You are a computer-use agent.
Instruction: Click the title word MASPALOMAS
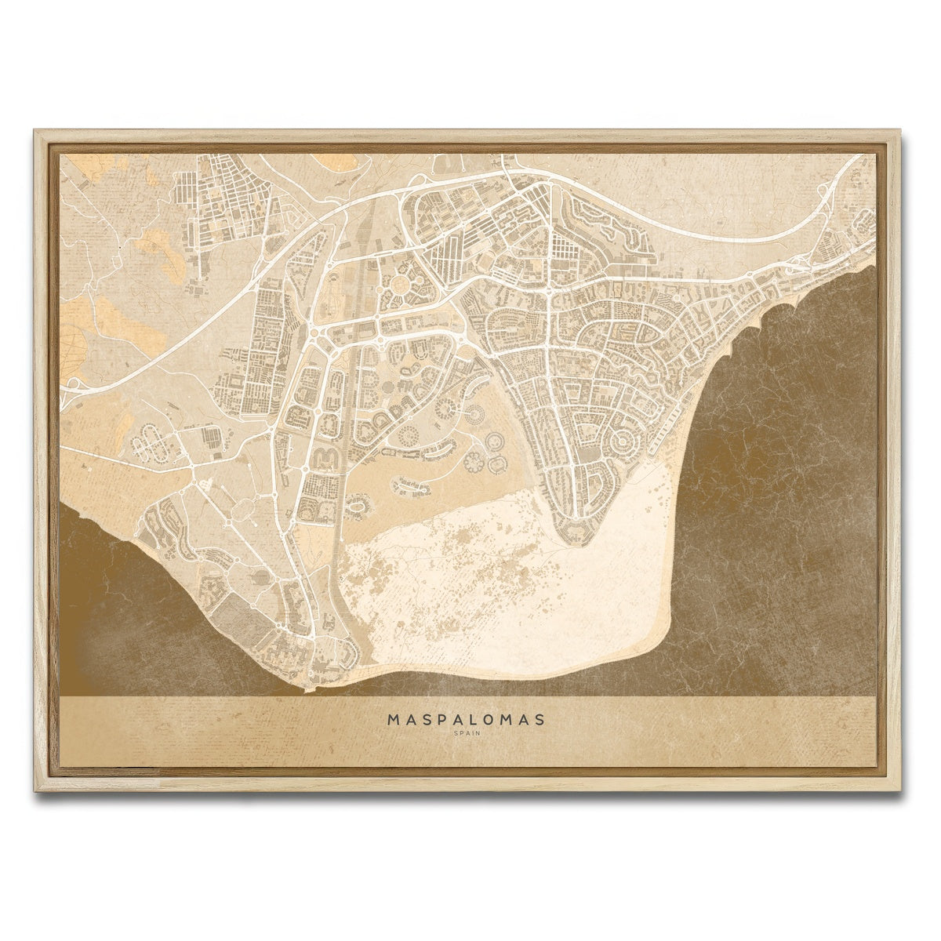point(470,718)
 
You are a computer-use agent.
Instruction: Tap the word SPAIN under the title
point(470,734)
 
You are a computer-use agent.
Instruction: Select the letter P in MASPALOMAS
point(445,718)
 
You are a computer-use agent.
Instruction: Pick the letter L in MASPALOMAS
point(480,718)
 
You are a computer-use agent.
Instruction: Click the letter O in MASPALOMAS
point(497,718)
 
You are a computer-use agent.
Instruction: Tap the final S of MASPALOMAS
point(549,718)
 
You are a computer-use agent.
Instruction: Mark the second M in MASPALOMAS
point(514,718)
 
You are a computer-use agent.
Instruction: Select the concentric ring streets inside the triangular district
point(624,443)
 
